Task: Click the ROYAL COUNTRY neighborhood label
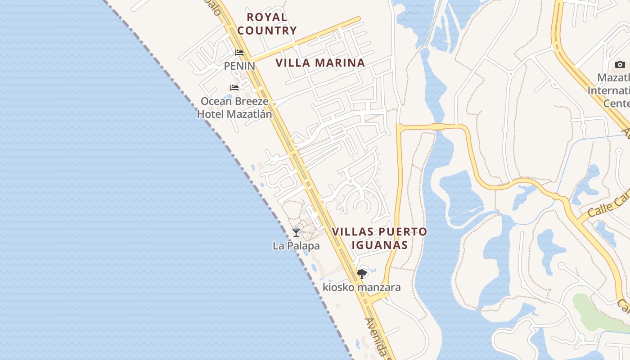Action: pos(267,24)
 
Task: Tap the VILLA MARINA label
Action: pos(320,63)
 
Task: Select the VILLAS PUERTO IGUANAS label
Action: pos(379,238)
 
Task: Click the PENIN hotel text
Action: pos(239,66)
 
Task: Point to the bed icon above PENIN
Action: pos(239,53)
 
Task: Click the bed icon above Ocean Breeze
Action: pos(234,87)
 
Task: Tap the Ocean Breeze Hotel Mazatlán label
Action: pos(234,108)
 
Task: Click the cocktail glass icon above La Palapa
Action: pos(296,232)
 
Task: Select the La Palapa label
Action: pos(296,246)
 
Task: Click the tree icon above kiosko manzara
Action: pos(361,274)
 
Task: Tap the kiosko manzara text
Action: pos(361,287)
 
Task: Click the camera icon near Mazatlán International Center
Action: pos(620,64)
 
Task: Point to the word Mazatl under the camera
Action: pos(613,77)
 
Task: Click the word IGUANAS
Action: pos(379,245)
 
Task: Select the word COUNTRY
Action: pos(267,31)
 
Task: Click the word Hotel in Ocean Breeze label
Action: pos(211,114)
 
